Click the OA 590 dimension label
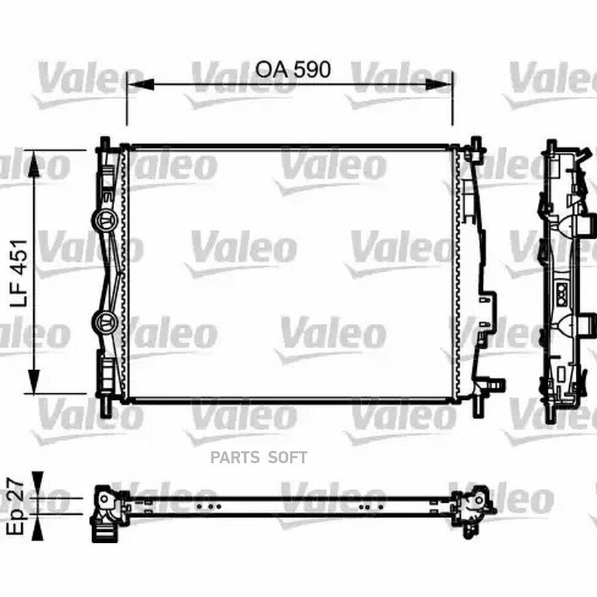click(x=293, y=69)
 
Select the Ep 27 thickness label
click(x=19, y=505)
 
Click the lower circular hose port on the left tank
click(x=105, y=322)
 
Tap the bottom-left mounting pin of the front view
click(x=105, y=406)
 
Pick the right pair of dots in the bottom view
click(x=365, y=505)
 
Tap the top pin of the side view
click(x=551, y=146)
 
